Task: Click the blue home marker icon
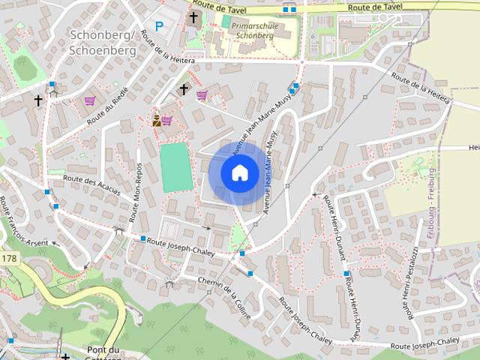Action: coord(239,173)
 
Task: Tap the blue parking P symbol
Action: coord(160,25)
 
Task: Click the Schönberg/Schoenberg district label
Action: coord(102,43)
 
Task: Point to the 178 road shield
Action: coord(9,259)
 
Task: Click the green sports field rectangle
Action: coord(176,167)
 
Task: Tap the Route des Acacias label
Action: coord(92,184)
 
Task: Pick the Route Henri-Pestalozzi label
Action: coord(412,282)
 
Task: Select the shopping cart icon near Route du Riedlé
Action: coord(90,100)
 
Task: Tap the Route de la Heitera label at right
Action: coord(421,88)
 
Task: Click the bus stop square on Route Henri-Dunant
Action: coord(346,274)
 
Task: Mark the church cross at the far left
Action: coord(37,99)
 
